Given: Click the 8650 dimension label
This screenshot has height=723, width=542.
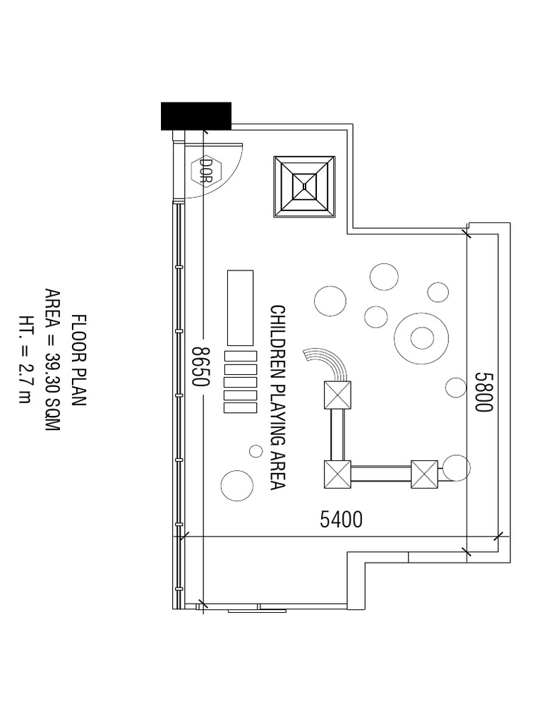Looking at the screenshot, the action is tap(201, 366).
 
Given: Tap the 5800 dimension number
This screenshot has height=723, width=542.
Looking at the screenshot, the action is tap(484, 392).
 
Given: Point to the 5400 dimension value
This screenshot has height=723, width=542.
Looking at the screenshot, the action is tap(341, 520).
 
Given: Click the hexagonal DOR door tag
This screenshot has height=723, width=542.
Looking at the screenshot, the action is tap(206, 171).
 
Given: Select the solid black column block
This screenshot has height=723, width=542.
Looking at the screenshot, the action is tap(196, 116).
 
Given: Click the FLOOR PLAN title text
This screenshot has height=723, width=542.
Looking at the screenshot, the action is tap(79, 360).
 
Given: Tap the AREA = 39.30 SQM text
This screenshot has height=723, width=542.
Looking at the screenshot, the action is tap(52, 360).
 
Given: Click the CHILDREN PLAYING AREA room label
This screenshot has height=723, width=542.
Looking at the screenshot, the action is tap(277, 397).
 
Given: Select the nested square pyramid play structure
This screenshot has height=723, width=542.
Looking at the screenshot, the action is tap(304, 186).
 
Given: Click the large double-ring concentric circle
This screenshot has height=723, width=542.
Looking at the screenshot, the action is tap(421, 338).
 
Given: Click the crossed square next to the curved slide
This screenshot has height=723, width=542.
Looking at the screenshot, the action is tap(337, 395).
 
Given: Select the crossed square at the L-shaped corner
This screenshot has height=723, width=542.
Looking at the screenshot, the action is tap(337, 474).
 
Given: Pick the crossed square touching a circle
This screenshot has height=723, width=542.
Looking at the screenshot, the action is tap(424, 474).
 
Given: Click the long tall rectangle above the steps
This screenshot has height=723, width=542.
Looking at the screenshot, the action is tap(240, 308).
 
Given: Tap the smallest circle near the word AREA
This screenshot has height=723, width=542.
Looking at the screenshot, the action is tap(255, 451).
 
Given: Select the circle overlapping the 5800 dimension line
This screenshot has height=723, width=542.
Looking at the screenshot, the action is tap(457, 467).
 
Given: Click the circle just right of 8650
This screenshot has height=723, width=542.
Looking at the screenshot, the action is tap(237, 486).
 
